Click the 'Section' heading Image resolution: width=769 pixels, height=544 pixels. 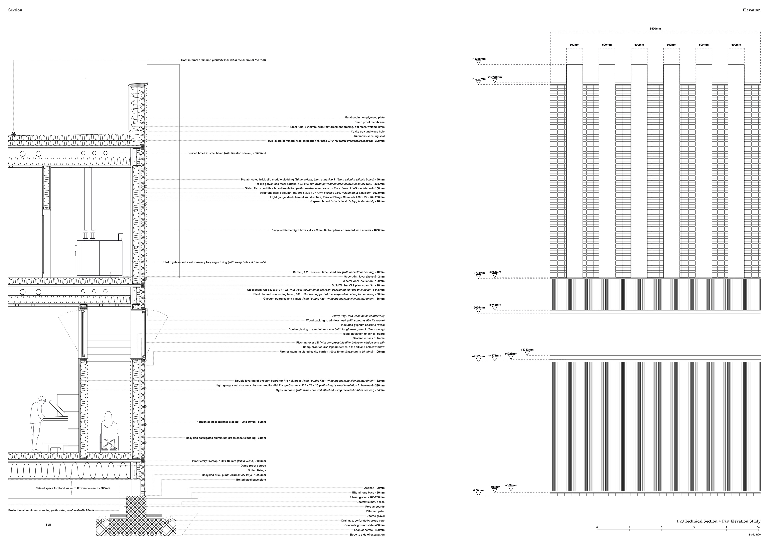click(15, 10)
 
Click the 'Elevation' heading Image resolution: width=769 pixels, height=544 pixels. click(751, 10)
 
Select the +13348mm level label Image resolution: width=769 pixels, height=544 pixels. click(478, 59)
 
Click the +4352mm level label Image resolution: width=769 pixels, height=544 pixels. click(527, 350)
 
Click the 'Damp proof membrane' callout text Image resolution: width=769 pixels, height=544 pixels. click(369, 122)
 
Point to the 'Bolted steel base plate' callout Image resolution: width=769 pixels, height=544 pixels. click(251, 480)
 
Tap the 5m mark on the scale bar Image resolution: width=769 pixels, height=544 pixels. click(758, 528)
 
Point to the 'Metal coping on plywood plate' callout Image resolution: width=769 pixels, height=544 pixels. click(364, 118)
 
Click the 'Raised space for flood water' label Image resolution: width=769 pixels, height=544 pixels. click(73, 488)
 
